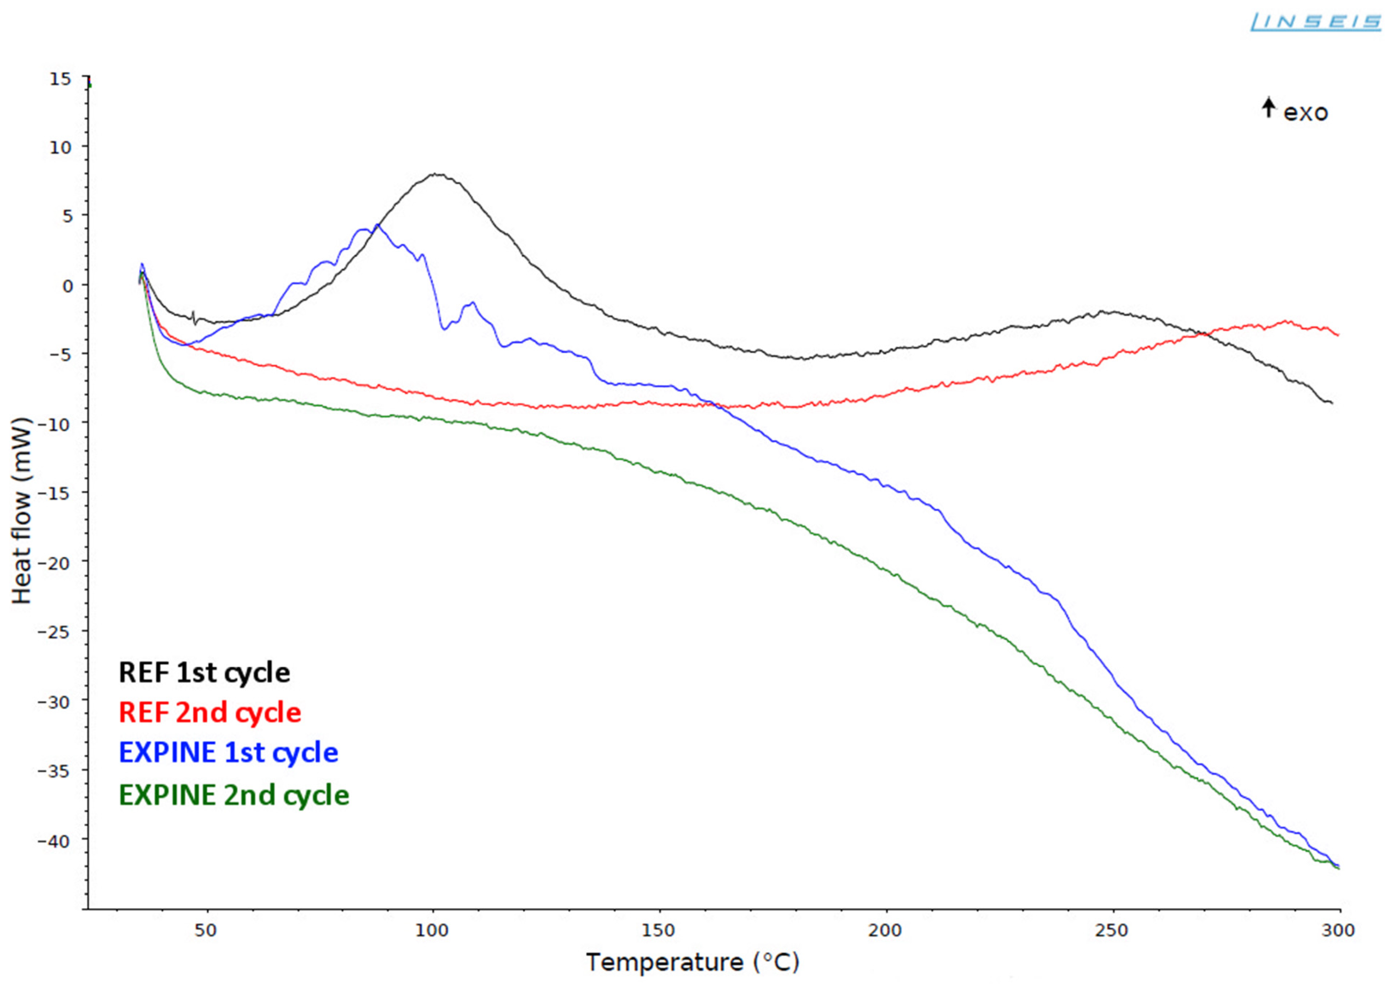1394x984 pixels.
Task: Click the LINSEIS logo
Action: point(1315,22)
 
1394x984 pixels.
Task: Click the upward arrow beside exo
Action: point(1268,108)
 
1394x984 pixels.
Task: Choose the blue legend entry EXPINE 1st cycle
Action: point(228,752)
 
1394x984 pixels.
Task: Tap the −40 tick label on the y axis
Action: point(54,840)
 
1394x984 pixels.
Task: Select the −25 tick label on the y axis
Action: point(54,632)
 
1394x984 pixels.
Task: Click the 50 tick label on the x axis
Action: point(206,930)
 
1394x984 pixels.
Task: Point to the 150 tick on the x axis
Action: point(659,930)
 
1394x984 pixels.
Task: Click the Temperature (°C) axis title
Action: point(692,962)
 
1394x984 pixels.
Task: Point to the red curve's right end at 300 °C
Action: point(1338,334)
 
